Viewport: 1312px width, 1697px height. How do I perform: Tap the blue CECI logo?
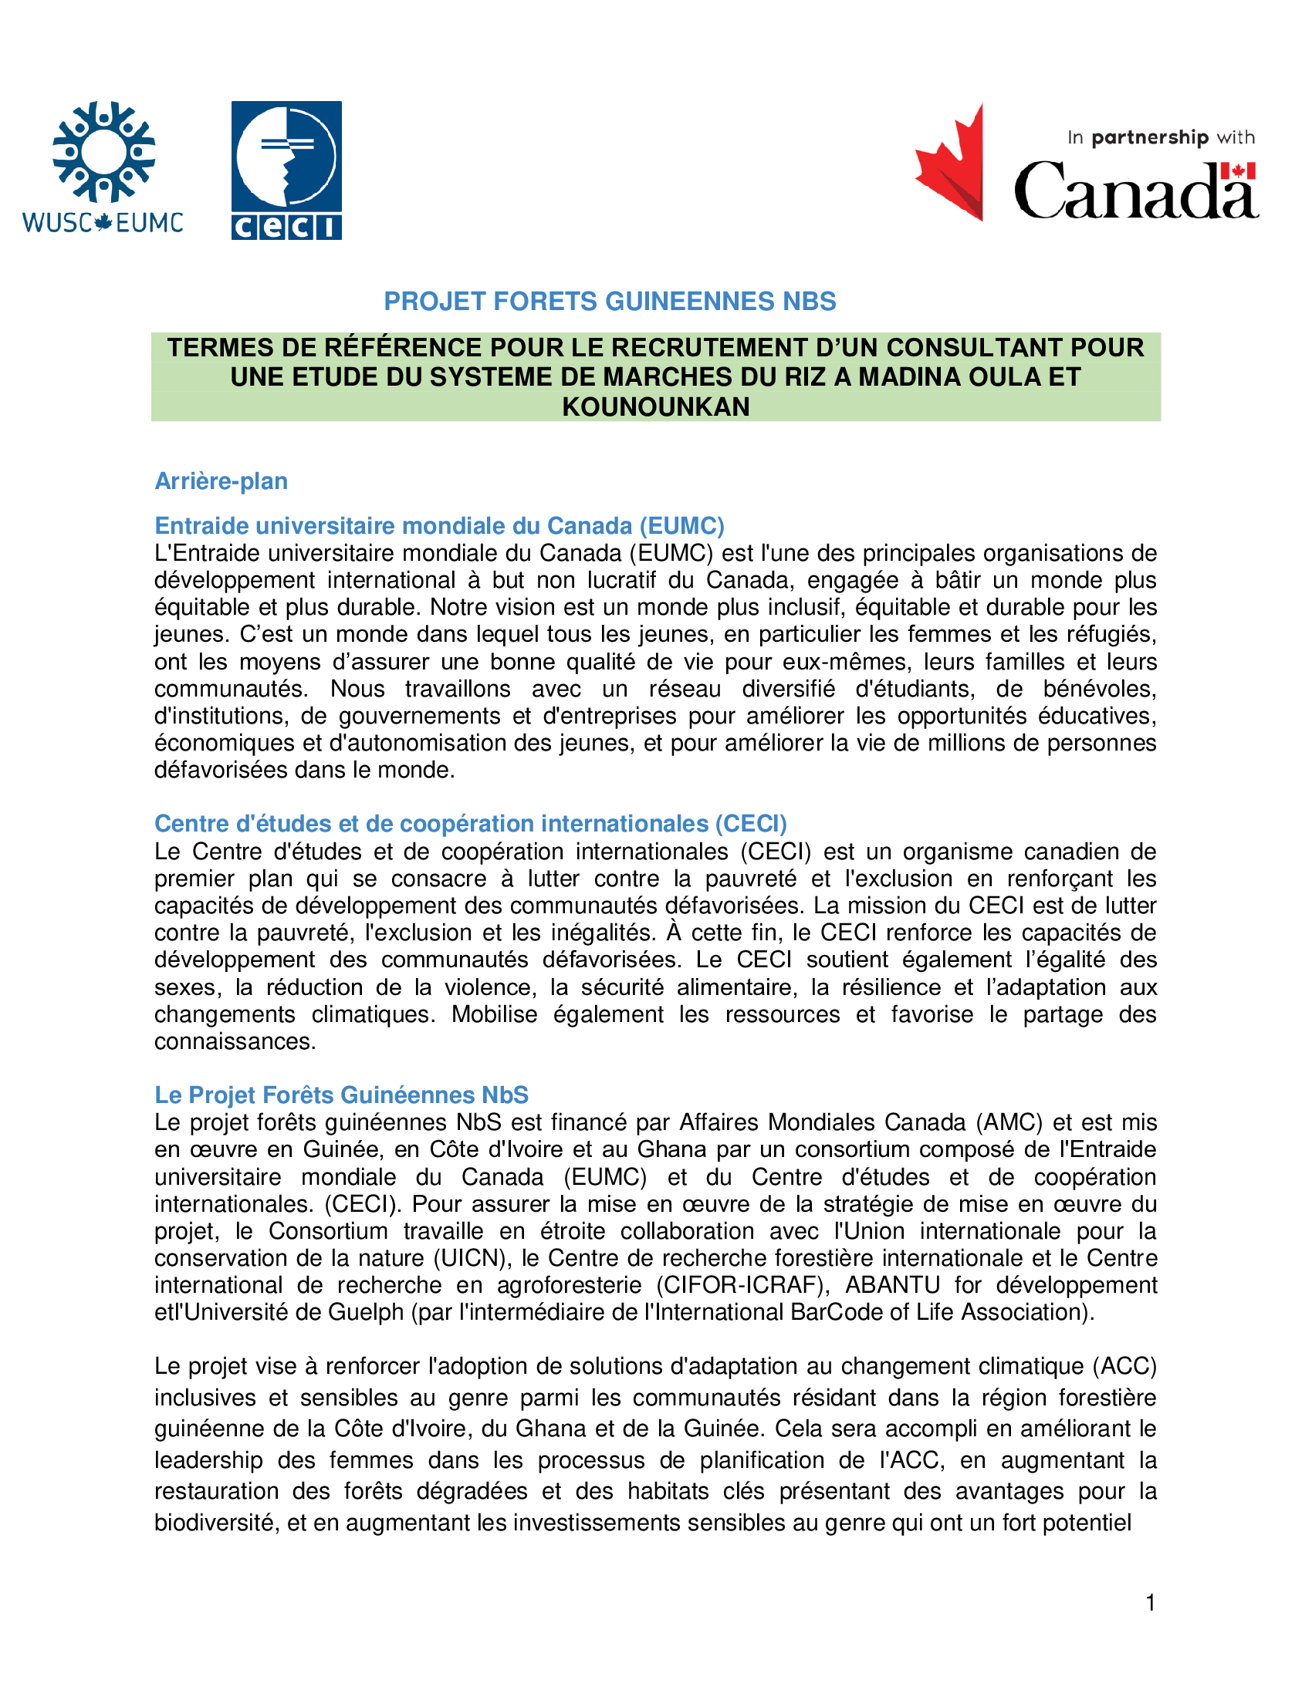(286, 170)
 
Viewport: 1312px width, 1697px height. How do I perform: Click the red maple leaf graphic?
(951, 163)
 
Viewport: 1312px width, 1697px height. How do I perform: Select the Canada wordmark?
(1135, 191)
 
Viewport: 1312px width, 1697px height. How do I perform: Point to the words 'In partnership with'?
(1161, 137)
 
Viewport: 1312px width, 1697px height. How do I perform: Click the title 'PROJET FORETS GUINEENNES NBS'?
(610, 302)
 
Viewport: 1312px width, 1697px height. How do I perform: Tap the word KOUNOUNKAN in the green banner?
(655, 407)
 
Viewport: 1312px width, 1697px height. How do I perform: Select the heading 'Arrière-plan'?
(221, 481)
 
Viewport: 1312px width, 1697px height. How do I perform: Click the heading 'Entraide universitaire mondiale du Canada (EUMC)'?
(439, 526)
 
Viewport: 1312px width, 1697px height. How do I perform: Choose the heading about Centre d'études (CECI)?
(470, 824)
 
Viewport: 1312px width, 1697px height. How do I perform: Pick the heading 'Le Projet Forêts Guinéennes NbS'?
(341, 1095)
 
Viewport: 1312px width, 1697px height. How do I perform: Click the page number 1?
(1151, 1603)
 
